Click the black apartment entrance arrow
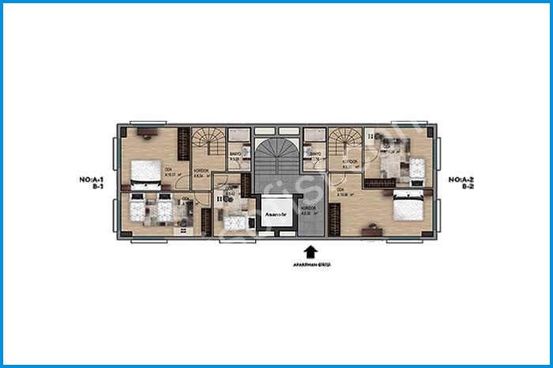(x=310, y=252)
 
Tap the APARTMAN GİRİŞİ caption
(x=310, y=265)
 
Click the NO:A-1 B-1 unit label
(x=93, y=183)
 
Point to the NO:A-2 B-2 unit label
(x=461, y=183)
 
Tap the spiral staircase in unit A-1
(x=210, y=142)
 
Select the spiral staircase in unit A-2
(x=344, y=142)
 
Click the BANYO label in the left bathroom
(x=235, y=155)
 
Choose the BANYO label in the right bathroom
(x=315, y=155)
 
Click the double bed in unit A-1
(x=145, y=171)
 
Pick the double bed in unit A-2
(x=408, y=206)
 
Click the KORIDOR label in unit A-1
(x=201, y=170)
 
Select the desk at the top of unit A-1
(x=146, y=133)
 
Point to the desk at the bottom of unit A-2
(x=373, y=231)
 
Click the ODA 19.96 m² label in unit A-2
(x=344, y=191)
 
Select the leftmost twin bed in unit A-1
(x=138, y=209)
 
